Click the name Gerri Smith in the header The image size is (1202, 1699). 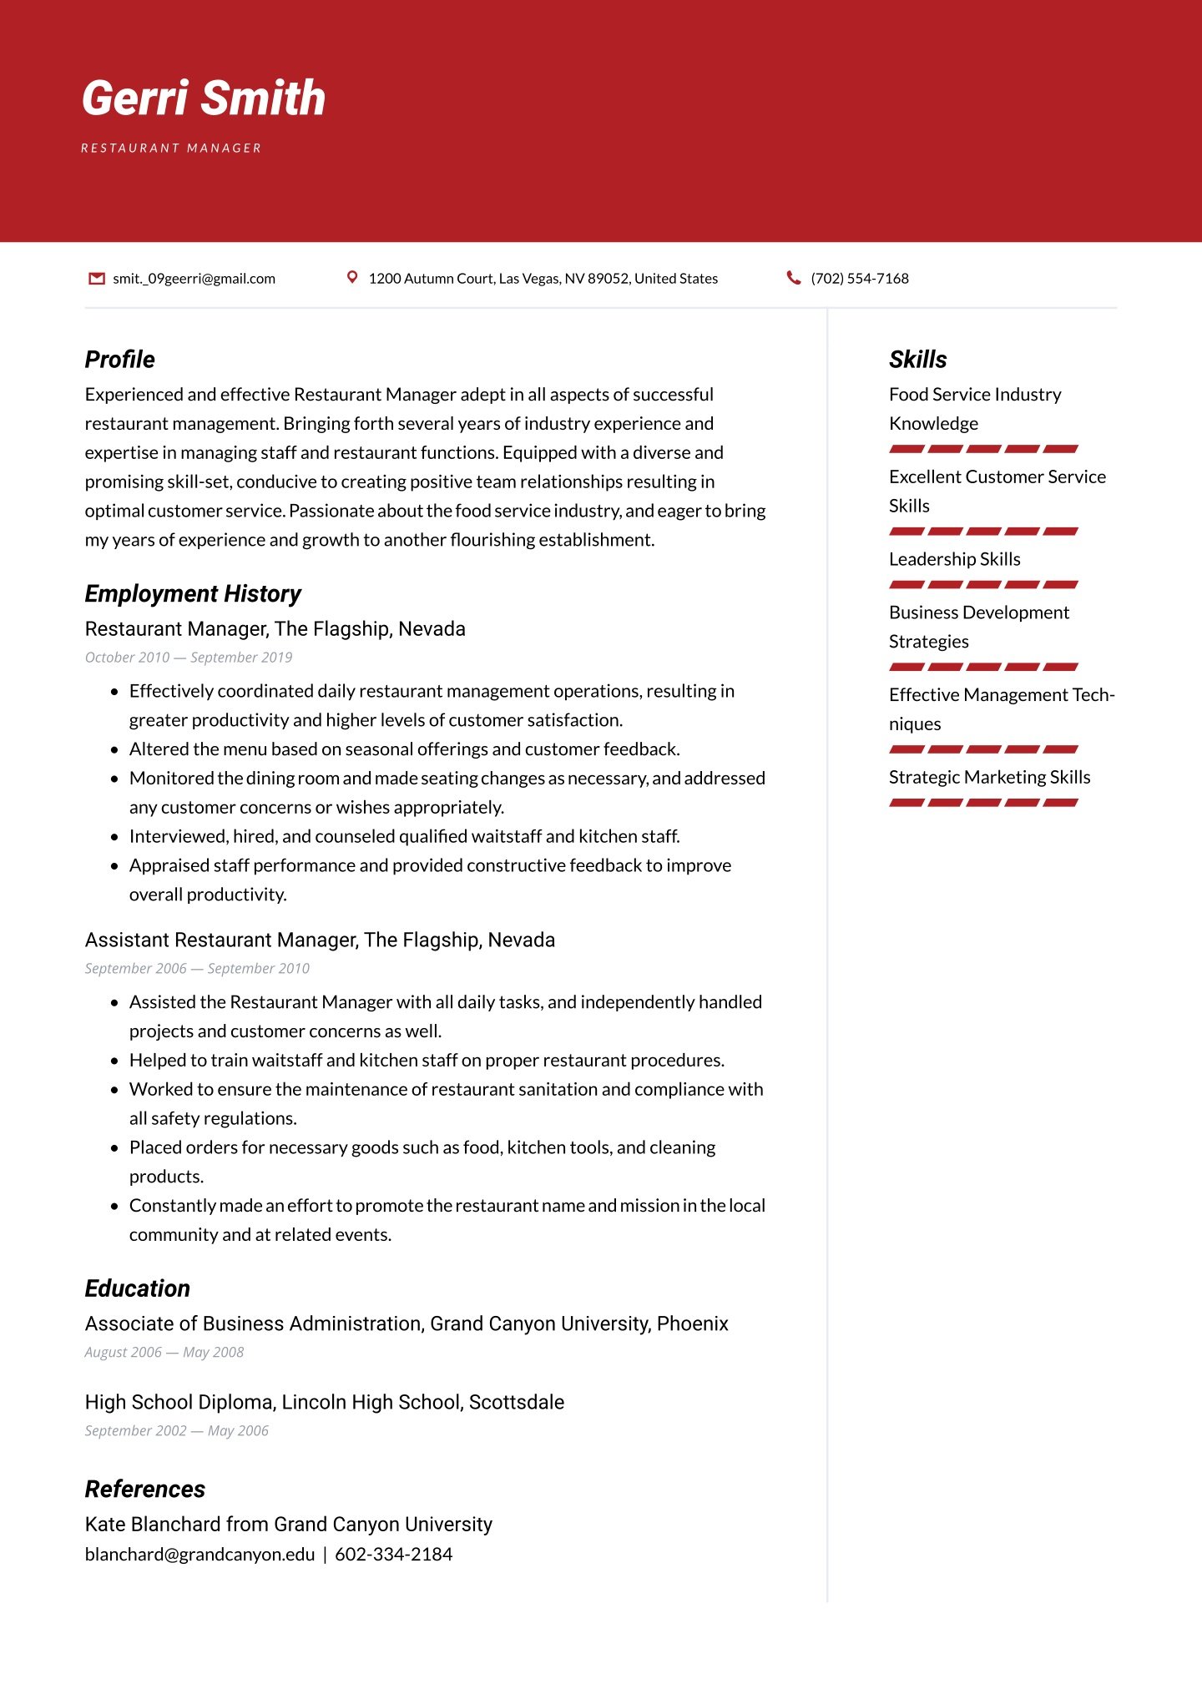click(x=204, y=98)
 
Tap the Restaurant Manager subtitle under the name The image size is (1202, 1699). click(x=171, y=149)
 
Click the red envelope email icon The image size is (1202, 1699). click(x=97, y=278)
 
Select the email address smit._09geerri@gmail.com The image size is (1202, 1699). click(x=194, y=279)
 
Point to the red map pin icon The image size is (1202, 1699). click(x=352, y=277)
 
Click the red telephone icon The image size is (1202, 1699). click(x=794, y=278)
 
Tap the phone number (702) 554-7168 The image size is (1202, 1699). click(x=860, y=279)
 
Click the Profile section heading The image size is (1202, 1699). click(x=120, y=360)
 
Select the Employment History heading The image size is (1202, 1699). click(x=193, y=594)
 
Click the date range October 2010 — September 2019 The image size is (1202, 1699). click(x=189, y=658)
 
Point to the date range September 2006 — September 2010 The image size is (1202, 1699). click(x=197, y=969)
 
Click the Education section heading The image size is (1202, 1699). click(x=138, y=1288)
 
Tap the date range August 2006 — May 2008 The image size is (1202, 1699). click(x=164, y=1353)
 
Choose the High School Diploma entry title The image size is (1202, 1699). click(x=325, y=1402)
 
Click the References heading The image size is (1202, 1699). click(x=145, y=1490)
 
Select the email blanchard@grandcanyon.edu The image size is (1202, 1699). click(x=200, y=1555)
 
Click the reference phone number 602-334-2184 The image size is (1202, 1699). click(x=394, y=1555)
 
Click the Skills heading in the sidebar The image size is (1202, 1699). click(x=918, y=360)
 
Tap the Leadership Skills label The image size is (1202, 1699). click(x=955, y=559)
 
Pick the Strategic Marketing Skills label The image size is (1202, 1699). click(x=990, y=778)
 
